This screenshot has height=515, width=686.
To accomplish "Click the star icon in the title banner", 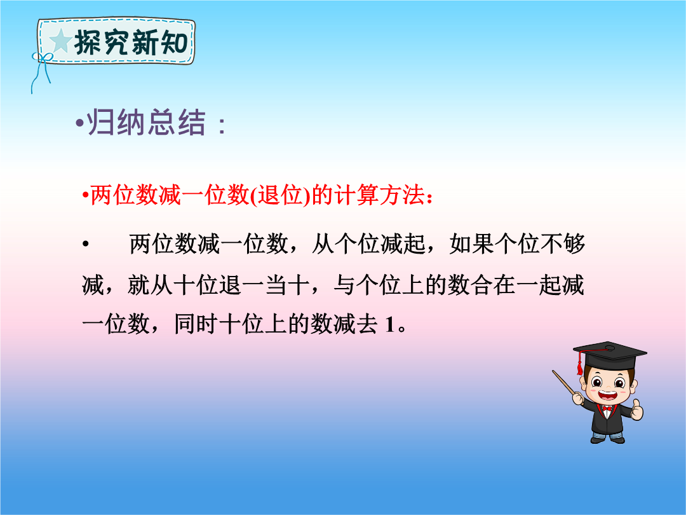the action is pyautogui.click(x=61, y=41).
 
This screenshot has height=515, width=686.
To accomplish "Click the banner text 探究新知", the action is pyautogui.click(x=131, y=43).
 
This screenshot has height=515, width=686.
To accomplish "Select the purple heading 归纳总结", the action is pyautogui.click(x=147, y=122).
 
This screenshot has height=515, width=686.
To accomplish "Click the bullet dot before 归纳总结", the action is pyautogui.click(x=79, y=123).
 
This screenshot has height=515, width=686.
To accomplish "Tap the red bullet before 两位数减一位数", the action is pyautogui.click(x=85, y=195).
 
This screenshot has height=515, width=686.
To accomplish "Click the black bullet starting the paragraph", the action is pyautogui.click(x=86, y=244).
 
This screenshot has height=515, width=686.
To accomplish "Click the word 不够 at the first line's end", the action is pyautogui.click(x=563, y=244).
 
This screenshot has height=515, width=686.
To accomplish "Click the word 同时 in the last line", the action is pyautogui.click(x=196, y=324).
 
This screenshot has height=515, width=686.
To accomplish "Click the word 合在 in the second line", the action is pyautogui.click(x=493, y=285).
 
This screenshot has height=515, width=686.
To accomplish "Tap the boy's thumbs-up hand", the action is pyautogui.click(x=637, y=410).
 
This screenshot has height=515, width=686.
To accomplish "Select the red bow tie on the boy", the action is pyautogui.click(x=607, y=409).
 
